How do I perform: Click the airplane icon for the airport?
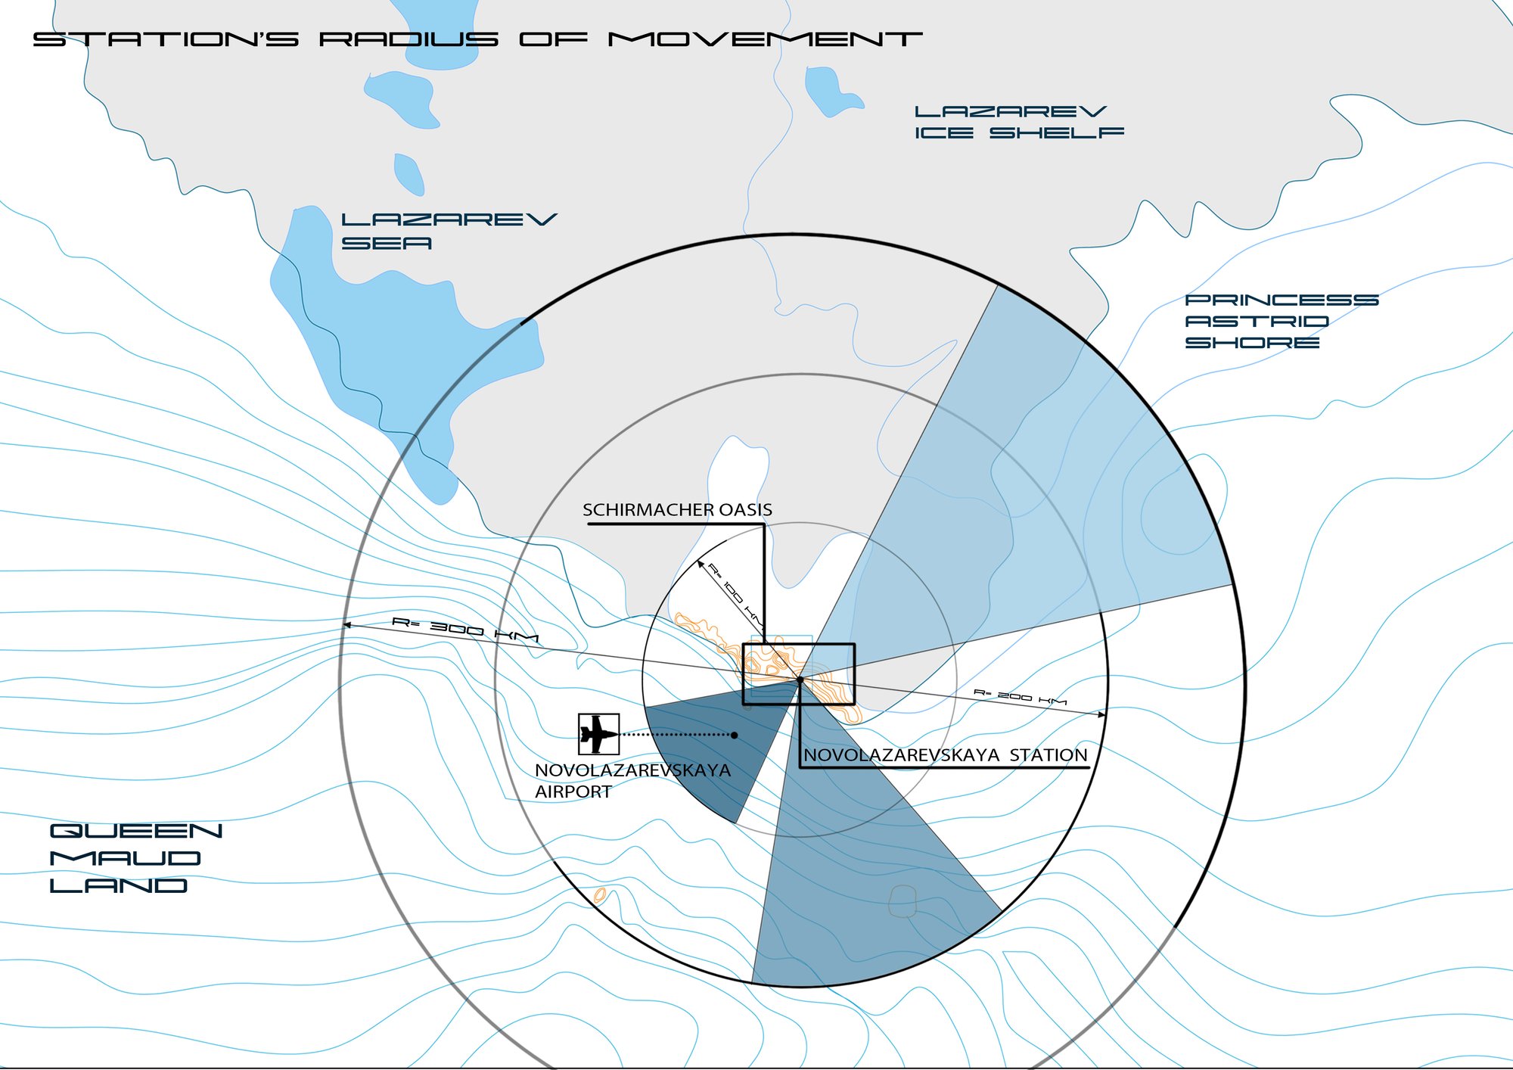pos(598,734)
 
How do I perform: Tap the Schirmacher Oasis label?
pos(677,510)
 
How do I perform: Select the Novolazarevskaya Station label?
pos(945,754)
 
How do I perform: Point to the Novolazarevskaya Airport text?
pos(632,781)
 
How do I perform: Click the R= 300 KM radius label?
pos(465,630)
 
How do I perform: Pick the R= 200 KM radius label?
pos(1020,697)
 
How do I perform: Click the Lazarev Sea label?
pos(449,232)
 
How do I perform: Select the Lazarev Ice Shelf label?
pos(1019,123)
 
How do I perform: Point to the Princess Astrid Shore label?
pos(1282,322)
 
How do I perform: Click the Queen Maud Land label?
pos(136,858)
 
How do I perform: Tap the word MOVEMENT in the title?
pos(765,39)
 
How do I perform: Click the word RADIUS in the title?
pos(409,39)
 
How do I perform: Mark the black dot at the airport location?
pos(734,735)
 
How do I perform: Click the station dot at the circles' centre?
pos(800,680)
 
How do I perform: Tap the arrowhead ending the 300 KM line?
pos(346,625)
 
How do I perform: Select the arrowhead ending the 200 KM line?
pos(1102,714)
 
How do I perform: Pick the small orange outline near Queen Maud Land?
pos(600,896)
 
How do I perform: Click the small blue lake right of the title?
pos(830,92)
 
